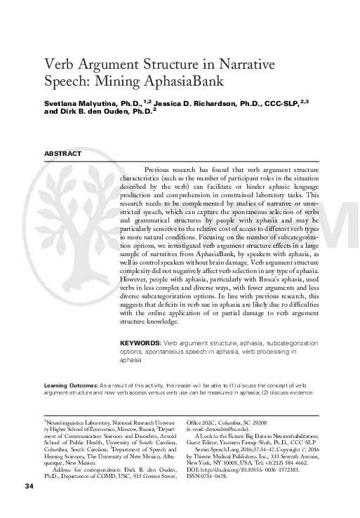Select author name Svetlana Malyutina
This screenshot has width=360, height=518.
79,102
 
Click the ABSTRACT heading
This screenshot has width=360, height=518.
62,153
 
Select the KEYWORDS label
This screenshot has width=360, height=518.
140,343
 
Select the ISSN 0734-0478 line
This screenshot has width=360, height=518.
211,476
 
